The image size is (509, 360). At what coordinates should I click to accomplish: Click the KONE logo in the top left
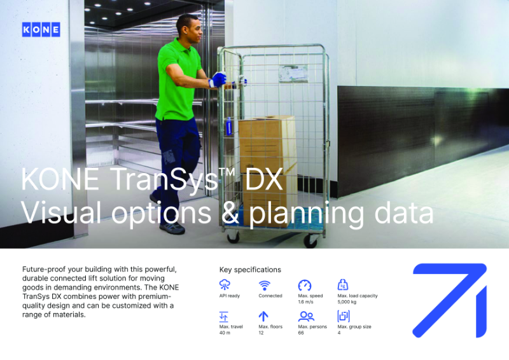click(x=41, y=29)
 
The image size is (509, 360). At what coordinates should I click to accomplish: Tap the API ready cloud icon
click(x=225, y=286)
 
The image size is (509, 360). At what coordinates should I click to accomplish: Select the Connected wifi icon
click(x=264, y=286)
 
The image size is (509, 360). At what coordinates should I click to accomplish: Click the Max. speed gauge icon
click(x=304, y=286)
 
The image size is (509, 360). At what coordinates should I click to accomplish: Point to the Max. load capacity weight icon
click(x=343, y=285)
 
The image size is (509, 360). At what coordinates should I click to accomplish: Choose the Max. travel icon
click(x=224, y=316)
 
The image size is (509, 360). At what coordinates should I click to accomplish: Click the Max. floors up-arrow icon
click(x=263, y=316)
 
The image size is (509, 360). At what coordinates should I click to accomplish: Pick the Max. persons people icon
click(x=306, y=316)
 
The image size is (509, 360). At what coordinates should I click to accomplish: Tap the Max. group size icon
click(x=344, y=316)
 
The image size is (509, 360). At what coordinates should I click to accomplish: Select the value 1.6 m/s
click(x=306, y=302)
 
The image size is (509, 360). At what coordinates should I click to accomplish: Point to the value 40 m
click(x=224, y=333)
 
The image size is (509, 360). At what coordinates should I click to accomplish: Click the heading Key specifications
click(x=250, y=270)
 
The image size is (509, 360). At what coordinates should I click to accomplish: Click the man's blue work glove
click(x=218, y=80)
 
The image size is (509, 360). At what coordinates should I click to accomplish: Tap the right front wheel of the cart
click(x=310, y=240)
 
